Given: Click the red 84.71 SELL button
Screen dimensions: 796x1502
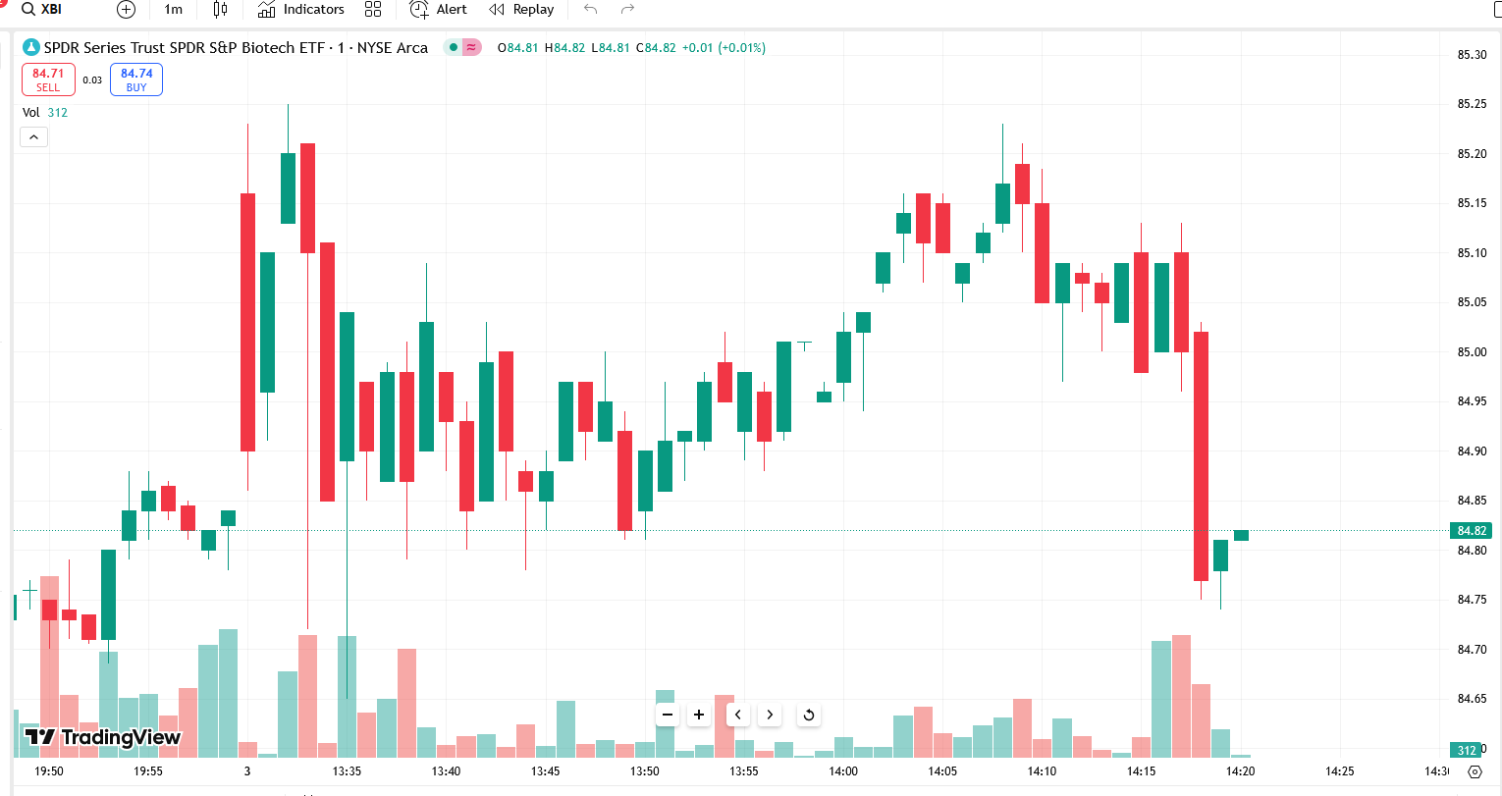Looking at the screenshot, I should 48,80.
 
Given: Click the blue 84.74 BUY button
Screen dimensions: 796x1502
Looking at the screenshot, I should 136,80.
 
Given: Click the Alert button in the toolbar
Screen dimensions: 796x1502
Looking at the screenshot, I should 438,10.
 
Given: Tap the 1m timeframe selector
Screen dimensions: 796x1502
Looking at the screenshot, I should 173,10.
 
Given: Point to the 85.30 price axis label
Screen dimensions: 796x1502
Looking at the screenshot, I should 1472,55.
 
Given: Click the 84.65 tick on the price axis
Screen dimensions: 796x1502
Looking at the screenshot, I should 1472,699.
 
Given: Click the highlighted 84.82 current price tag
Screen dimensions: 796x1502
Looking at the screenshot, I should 1471,531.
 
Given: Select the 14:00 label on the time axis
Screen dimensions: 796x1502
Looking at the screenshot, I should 843,771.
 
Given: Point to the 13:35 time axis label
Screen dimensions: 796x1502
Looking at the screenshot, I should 347,771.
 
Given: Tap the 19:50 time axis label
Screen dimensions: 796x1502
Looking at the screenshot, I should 48,771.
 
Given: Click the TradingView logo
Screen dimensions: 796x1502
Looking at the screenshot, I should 103,737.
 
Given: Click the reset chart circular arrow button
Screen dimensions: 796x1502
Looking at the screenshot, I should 809,715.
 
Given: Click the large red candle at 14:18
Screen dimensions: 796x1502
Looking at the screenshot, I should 1201,456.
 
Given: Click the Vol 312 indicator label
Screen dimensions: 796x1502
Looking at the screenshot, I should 45,113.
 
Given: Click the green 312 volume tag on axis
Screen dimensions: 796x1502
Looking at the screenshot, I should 1467,751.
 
